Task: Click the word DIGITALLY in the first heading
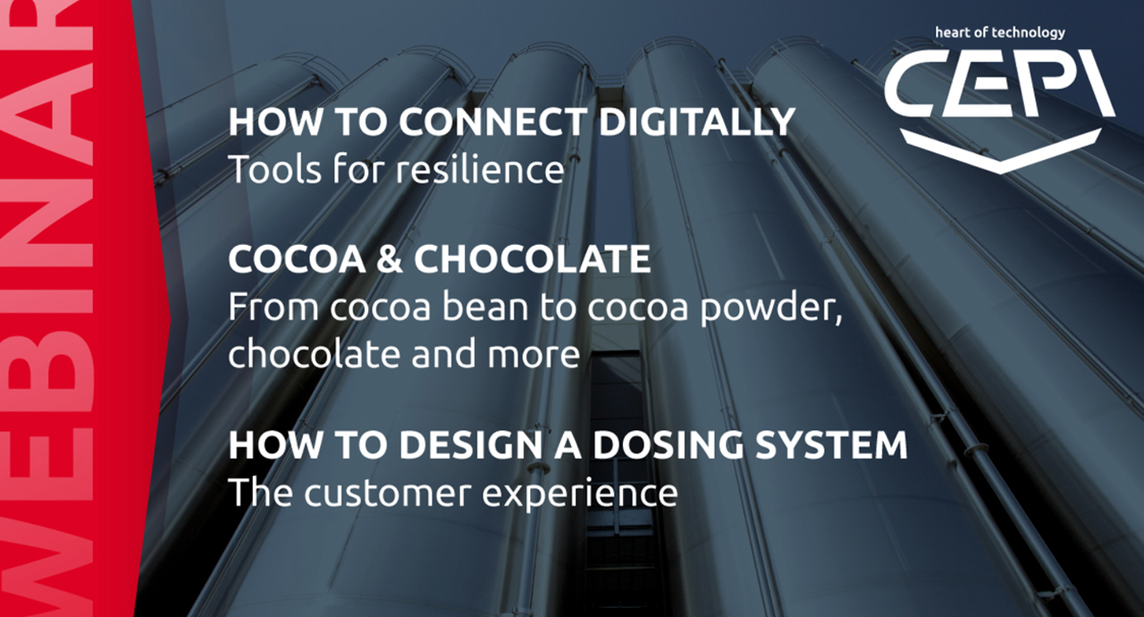click(x=696, y=123)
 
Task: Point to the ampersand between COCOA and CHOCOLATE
click(x=389, y=259)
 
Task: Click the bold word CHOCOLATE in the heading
click(x=532, y=259)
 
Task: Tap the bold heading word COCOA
click(x=297, y=259)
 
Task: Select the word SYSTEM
click(x=831, y=445)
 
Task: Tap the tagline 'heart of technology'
click(x=1000, y=33)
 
